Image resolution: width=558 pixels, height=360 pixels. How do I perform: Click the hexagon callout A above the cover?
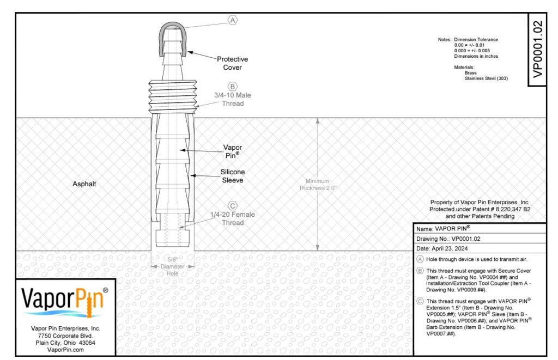232,20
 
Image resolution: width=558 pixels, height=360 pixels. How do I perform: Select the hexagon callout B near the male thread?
232,87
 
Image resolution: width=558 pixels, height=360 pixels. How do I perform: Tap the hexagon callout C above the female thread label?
232,206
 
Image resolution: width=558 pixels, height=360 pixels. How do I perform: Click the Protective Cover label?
232,63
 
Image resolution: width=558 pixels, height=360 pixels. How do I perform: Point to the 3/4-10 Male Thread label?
232,99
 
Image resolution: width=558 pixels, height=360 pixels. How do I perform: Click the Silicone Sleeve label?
232,176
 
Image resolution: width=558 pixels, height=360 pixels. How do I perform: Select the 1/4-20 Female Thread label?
232,218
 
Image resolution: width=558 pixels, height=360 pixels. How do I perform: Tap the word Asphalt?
84,184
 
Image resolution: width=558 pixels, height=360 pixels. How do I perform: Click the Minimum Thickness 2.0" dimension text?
318,184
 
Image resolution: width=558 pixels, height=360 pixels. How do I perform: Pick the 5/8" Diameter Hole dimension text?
173,266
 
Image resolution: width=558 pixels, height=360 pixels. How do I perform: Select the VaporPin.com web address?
65,350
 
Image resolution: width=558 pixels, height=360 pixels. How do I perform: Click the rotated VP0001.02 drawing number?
538,49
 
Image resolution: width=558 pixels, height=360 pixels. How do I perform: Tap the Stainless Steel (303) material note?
486,78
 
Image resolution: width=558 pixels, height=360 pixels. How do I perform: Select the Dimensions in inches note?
476,56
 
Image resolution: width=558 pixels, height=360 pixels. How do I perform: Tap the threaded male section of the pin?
173,96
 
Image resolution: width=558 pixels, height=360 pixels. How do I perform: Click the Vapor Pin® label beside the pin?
232,151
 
